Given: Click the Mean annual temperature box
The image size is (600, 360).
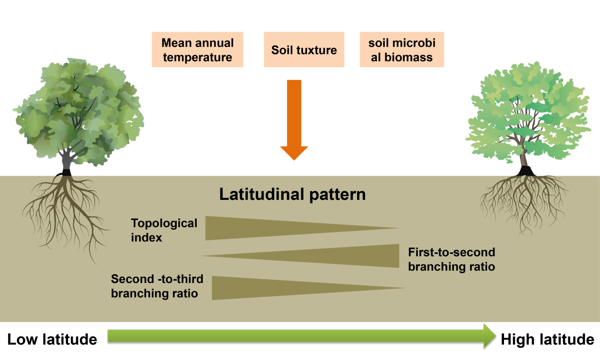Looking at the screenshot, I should [x=198, y=50].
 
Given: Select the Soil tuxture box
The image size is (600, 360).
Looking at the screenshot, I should [x=304, y=50].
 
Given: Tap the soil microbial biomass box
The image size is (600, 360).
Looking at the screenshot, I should [x=402, y=50].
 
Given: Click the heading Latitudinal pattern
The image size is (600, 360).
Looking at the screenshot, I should [x=292, y=195].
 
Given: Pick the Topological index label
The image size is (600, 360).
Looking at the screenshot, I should [x=164, y=230].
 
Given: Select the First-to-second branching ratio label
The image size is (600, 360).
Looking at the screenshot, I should [x=452, y=259].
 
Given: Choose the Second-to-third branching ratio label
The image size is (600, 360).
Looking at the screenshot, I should [x=154, y=286].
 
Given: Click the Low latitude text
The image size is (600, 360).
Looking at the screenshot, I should [x=52, y=339].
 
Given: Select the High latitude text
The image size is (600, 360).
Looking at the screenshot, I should [x=547, y=339].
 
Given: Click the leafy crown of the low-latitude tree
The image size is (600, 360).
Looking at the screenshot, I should [x=78, y=111].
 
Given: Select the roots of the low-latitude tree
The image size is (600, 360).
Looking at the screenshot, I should [x=66, y=208].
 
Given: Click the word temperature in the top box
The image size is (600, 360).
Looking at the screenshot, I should [x=198, y=57].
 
